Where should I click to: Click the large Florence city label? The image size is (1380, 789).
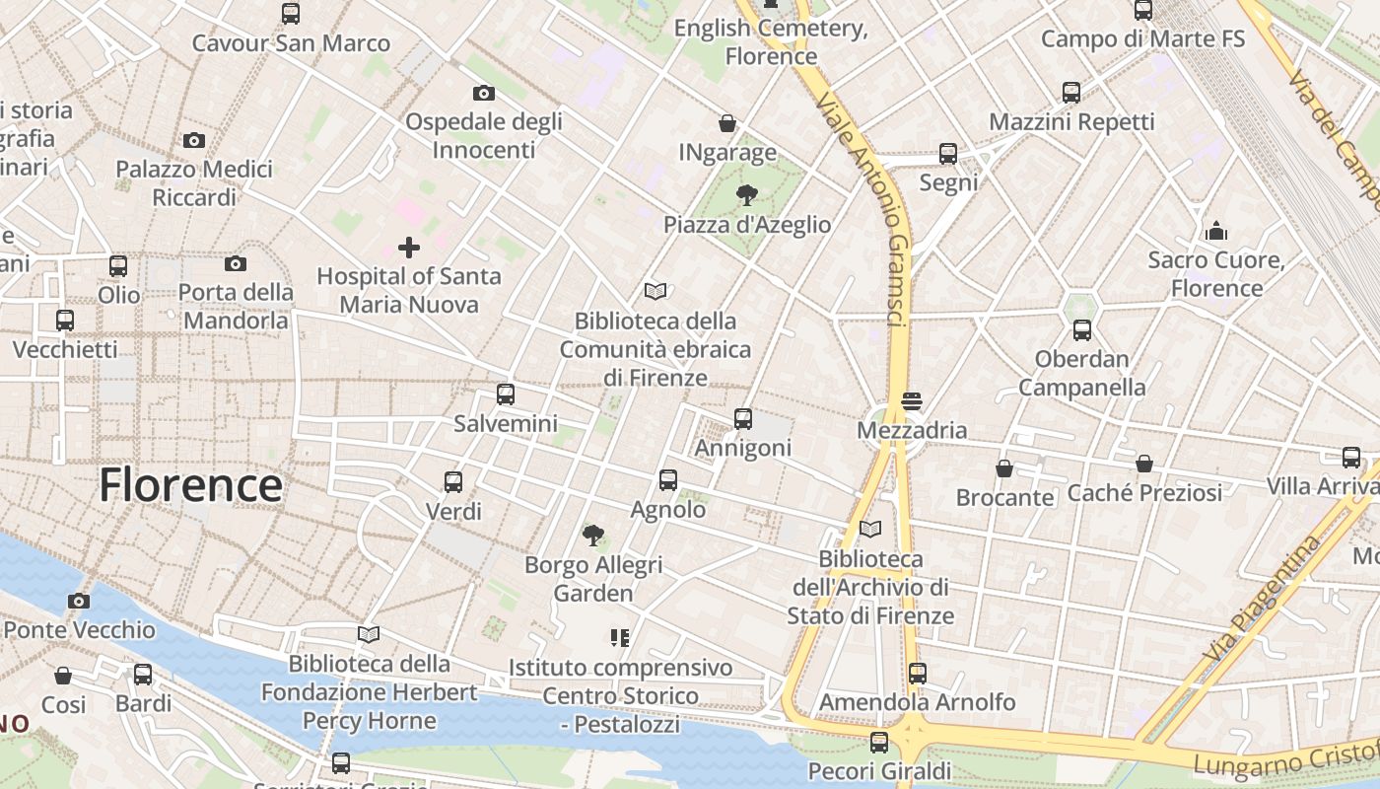point(190,485)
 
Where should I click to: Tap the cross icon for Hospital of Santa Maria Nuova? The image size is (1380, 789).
point(408,247)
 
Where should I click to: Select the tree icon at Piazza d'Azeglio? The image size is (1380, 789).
point(747,194)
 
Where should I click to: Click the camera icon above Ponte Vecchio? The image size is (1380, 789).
point(79,601)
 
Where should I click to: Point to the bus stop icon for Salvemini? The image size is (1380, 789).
point(506,394)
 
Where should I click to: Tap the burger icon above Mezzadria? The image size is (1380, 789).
point(911,401)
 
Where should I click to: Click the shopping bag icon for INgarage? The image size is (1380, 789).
point(727,123)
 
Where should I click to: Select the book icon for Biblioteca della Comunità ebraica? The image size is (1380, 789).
point(655,291)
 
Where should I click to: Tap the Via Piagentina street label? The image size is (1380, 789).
point(1262,599)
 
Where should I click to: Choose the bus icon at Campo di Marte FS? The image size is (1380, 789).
point(1143,11)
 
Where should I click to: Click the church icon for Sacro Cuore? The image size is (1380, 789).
point(1216,232)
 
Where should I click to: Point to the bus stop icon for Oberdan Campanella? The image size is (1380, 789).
point(1081,330)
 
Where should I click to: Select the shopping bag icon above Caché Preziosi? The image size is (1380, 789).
point(1144,464)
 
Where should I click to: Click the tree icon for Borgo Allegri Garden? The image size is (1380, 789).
point(592,536)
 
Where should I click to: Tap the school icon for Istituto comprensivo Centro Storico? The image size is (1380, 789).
point(620,638)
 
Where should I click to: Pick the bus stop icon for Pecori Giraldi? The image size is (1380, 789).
point(879,742)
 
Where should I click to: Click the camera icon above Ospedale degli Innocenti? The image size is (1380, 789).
point(483,93)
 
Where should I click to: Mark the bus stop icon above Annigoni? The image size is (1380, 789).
point(743,419)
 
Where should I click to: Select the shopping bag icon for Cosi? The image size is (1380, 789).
point(63,676)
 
